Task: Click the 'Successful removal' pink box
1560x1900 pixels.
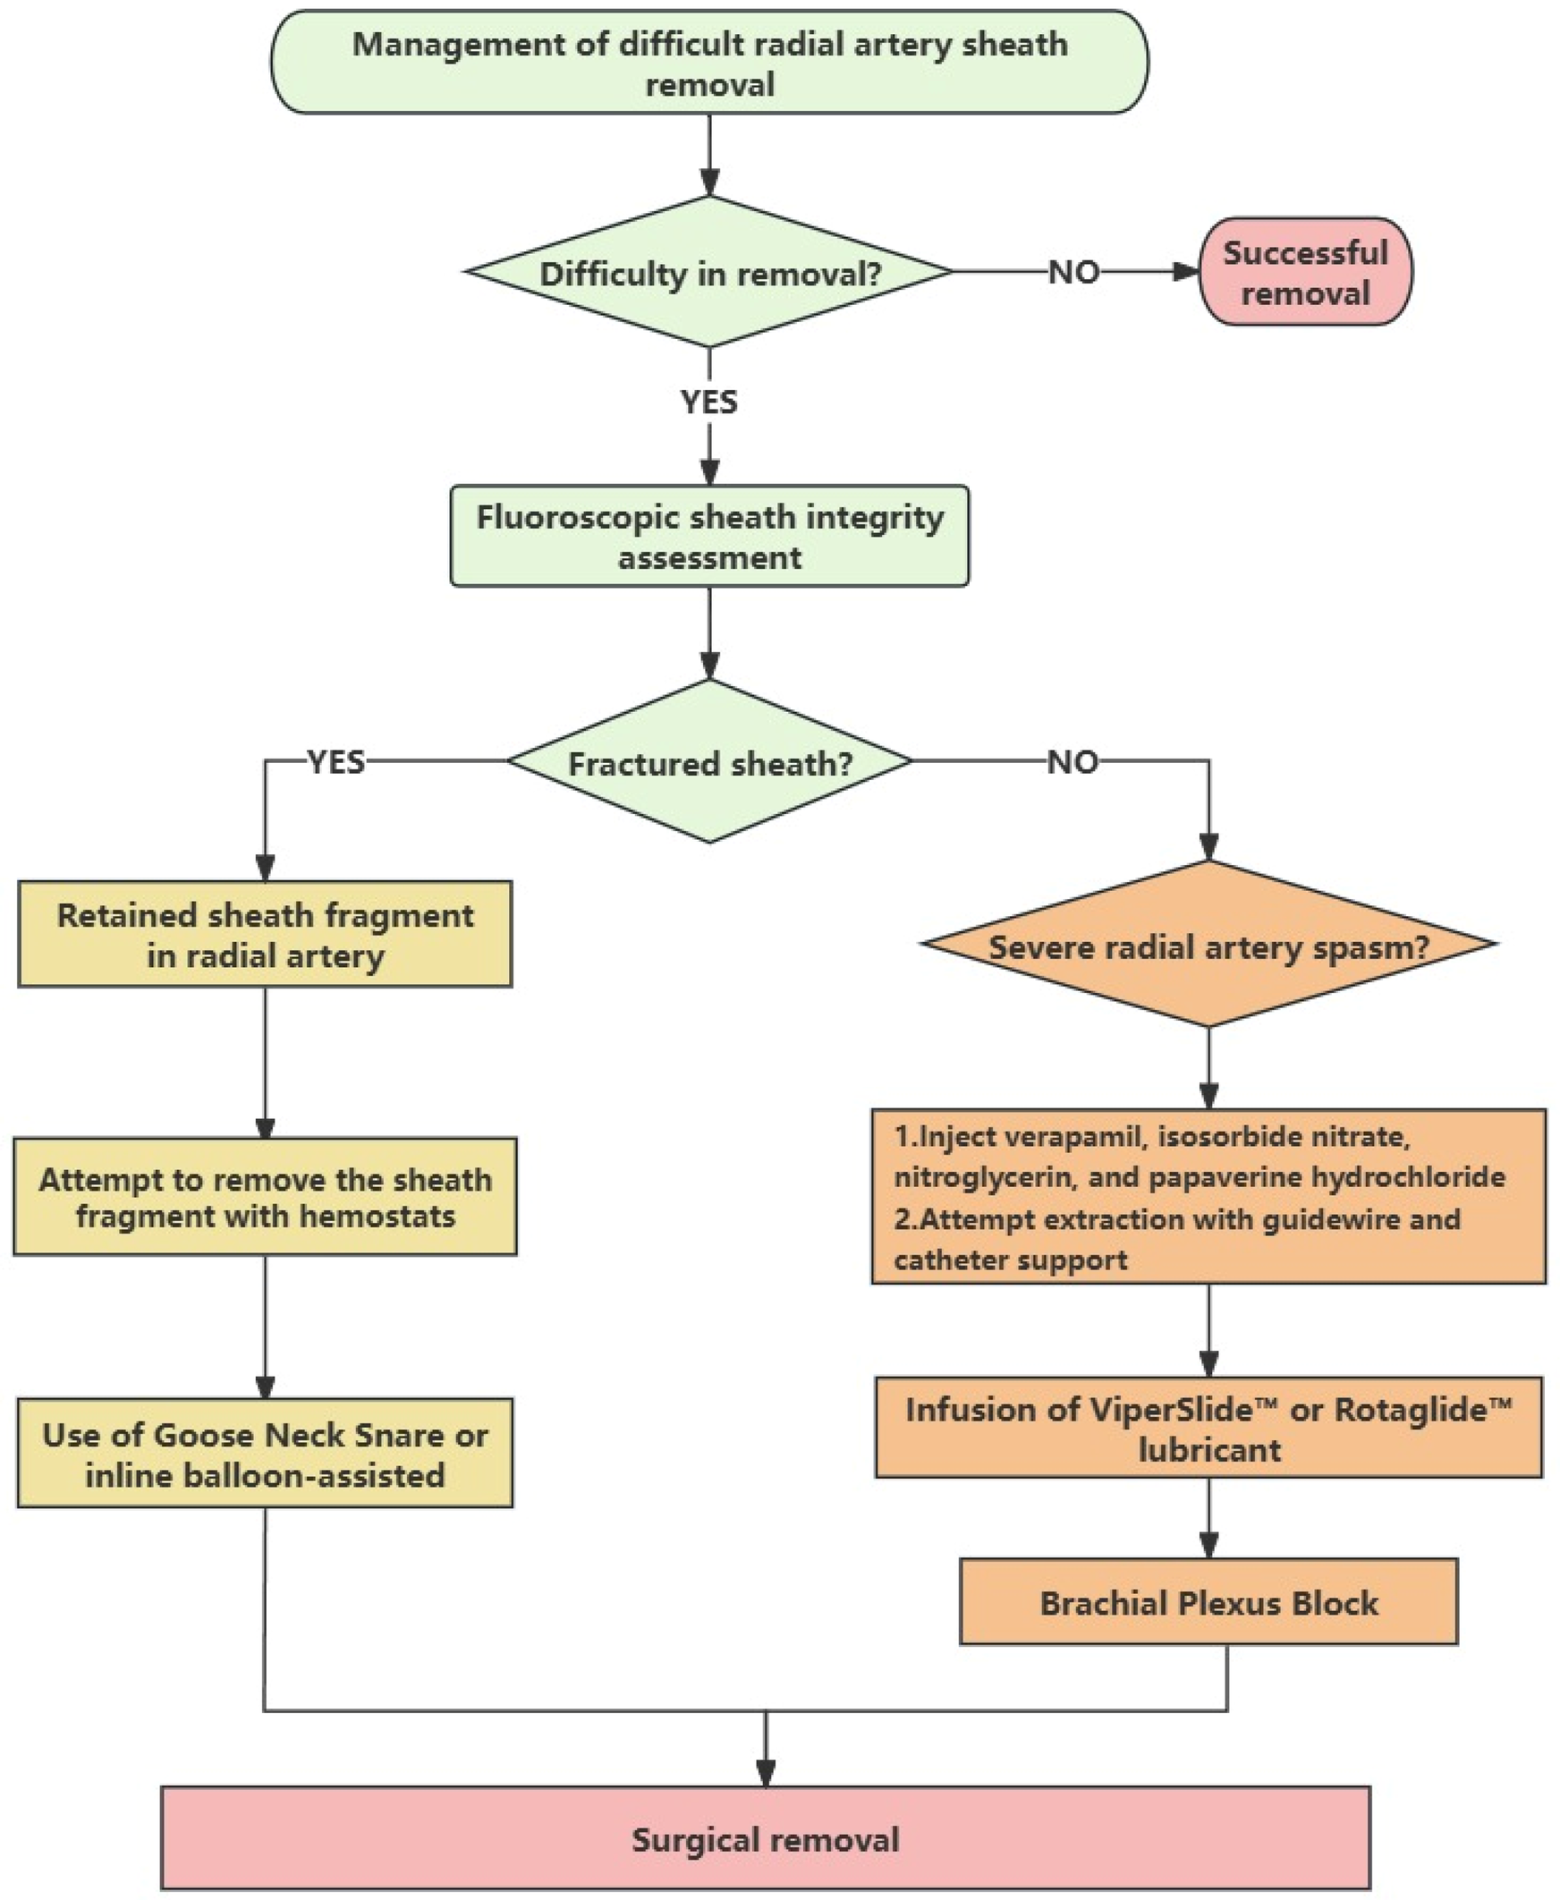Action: tap(1306, 271)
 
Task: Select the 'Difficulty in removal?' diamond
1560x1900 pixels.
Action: tap(709, 272)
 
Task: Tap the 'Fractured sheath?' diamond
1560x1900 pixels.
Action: tap(709, 762)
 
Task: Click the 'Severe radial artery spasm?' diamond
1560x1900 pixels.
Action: tap(1208, 946)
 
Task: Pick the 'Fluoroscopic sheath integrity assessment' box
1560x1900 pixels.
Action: tap(709, 537)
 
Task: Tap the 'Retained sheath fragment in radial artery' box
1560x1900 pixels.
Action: tap(265, 935)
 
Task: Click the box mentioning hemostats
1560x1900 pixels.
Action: tap(265, 1197)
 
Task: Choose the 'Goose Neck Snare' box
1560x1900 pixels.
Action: tap(265, 1454)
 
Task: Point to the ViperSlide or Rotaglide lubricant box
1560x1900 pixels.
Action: tap(1208, 1429)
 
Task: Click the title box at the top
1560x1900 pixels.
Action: tap(709, 63)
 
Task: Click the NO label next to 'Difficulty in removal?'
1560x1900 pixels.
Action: tap(1074, 271)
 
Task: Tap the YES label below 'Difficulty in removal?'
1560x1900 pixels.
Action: tap(709, 402)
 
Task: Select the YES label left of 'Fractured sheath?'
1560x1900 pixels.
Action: tap(336, 762)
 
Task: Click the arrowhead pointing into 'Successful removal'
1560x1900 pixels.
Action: tap(1188, 271)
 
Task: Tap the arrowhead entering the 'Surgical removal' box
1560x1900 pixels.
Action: tap(766, 1774)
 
